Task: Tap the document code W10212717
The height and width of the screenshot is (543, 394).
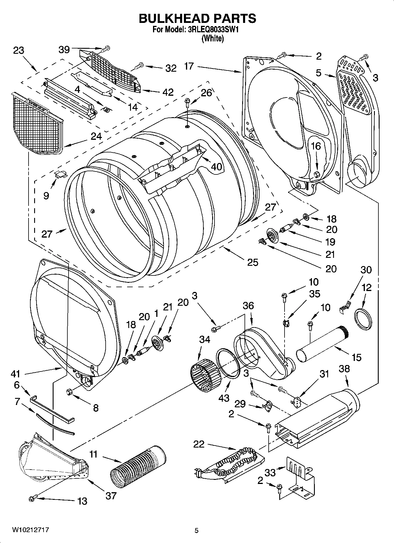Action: [x=31, y=530]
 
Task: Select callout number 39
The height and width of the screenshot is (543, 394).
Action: [x=64, y=50]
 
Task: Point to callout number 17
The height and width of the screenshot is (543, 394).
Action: [x=189, y=66]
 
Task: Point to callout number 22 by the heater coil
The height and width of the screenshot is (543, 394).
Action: [x=199, y=444]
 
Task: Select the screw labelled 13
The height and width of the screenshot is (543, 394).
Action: [x=33, y=498]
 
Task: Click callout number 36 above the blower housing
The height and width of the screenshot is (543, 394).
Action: [x=248, y=306]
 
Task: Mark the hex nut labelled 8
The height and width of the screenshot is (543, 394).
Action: [x=70, y=392]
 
